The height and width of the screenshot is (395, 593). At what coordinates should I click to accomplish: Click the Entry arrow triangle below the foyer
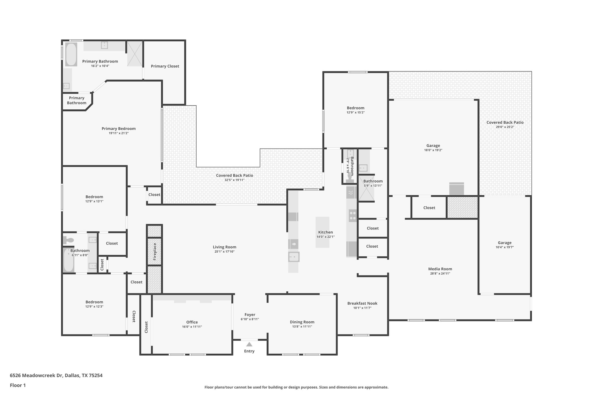tap(249, 344)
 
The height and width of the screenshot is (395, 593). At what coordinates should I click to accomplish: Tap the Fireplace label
tap(155, 251)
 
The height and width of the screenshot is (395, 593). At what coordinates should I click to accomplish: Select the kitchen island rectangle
tap(322, 232)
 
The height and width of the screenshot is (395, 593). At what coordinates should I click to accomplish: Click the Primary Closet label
tap(165, 66)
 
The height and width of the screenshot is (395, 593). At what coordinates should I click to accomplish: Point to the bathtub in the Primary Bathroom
tap(71, 54)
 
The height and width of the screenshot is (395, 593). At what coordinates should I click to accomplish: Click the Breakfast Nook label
tap(362, 303)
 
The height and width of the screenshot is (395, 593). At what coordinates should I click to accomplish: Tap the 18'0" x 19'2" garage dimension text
tap(433, 150)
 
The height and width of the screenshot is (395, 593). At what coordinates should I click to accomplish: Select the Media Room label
tap(440, 269)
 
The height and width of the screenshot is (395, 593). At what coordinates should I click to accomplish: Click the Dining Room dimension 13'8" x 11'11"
tap(302, 326)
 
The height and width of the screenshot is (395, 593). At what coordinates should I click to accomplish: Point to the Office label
tap(192, 322)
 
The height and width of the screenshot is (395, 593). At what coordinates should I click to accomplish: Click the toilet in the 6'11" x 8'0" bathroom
tap(68, 240)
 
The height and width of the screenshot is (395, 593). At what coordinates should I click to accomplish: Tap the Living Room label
tap(224, 247)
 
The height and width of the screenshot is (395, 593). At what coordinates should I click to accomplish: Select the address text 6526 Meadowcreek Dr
tap(36, 375)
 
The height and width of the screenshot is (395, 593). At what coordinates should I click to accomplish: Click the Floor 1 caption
tap(18, 385)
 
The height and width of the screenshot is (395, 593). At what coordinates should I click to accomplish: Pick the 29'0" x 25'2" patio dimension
tap(505, 127)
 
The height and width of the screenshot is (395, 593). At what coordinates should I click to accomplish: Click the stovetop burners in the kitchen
tap(352, 216)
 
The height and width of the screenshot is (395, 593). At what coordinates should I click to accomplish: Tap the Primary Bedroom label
tap(118, 128)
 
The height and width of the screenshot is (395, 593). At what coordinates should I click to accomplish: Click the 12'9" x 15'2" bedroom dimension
tap(356, 113)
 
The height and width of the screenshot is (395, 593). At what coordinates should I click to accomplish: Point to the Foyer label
tap(250, 315)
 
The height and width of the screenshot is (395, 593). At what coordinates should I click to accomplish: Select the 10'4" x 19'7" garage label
tap(504, 243)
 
